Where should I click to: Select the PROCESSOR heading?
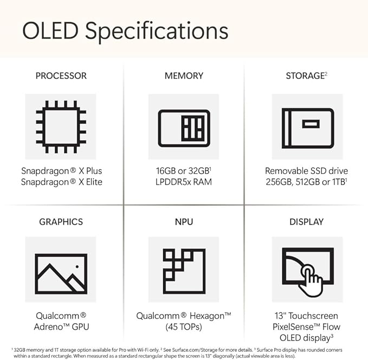tap(61, 76)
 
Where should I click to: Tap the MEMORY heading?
tap(184, 76)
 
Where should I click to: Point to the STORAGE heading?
tap(305, 76)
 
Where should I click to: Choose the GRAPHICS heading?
tap(61, 221)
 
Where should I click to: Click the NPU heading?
tap(184, 221)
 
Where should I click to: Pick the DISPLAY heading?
tap(307, 221)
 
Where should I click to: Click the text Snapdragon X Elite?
tap(61, 182)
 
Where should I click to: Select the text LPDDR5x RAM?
tap(184, 182)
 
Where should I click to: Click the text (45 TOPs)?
tap(184, 326)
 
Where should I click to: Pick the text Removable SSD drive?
tap(307, 171)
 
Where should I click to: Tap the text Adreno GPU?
tap(61, 326)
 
